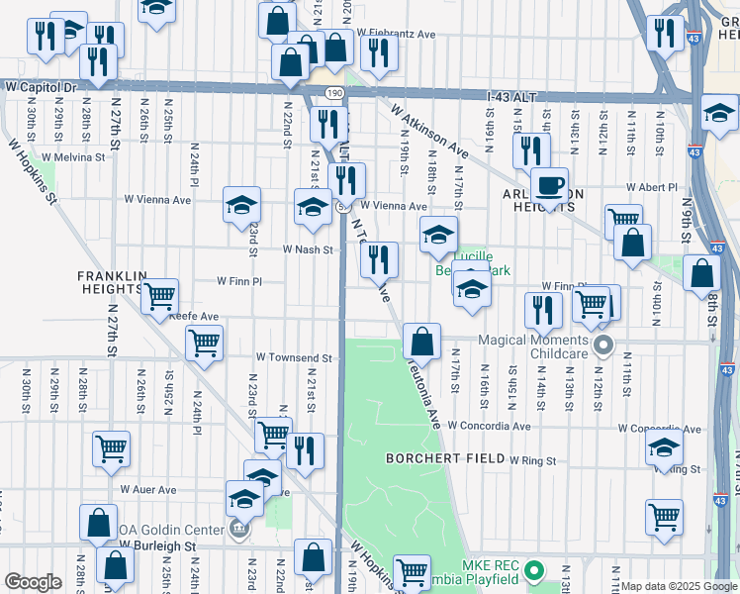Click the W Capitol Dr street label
41,87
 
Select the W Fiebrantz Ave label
399,34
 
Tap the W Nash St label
307,249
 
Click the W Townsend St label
293,356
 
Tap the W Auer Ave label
148,489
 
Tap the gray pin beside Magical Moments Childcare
603,346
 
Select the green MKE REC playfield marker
534,571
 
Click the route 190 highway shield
333,92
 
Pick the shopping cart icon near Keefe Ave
158,295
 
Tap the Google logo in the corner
33,582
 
